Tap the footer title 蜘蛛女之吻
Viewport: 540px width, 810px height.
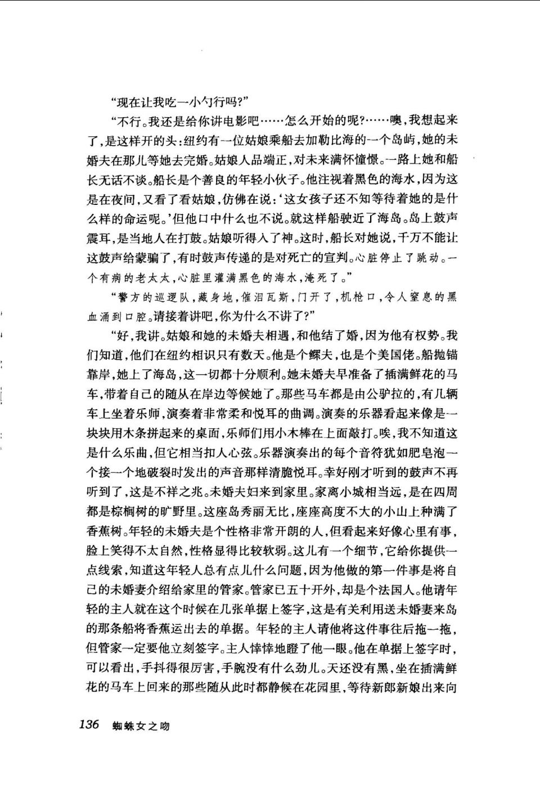tap(141, 726)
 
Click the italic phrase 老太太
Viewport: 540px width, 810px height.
tap(153, 277)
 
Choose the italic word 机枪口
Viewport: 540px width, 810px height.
tap(359, 297)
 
